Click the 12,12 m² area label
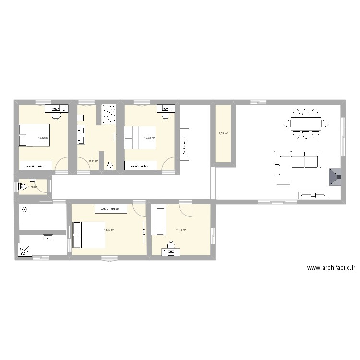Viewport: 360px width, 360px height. pos(43,138)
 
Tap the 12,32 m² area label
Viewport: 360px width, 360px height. pos(150,138)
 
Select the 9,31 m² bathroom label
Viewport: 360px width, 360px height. pos(93,161)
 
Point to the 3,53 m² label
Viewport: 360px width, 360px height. pos(223,134)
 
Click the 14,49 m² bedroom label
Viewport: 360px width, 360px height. pos(109,230)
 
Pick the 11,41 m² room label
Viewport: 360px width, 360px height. pos(181,230)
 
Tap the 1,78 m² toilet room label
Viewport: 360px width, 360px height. pos(33,187)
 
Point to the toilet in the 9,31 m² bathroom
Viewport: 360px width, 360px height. pos(110,166)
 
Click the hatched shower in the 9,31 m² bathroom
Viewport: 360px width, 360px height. pos(108,114)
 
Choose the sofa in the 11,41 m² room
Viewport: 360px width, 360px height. pos(158,219)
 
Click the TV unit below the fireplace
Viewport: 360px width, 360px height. pos(313,195)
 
